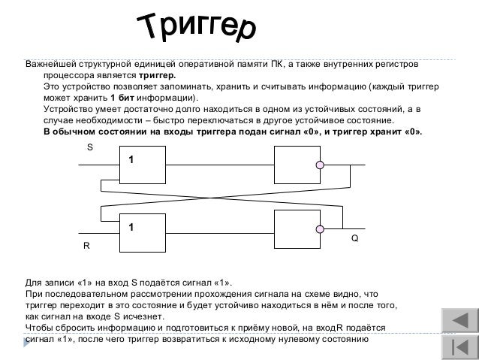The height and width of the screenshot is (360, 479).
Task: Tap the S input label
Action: click(90, 148)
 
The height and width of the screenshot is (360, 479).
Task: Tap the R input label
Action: click(86, 247)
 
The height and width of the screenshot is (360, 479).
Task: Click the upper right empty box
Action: click(297, 165)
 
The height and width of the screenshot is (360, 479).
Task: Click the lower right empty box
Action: click(297, 230)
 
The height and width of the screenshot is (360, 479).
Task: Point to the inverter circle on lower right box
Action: click(320, 229)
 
